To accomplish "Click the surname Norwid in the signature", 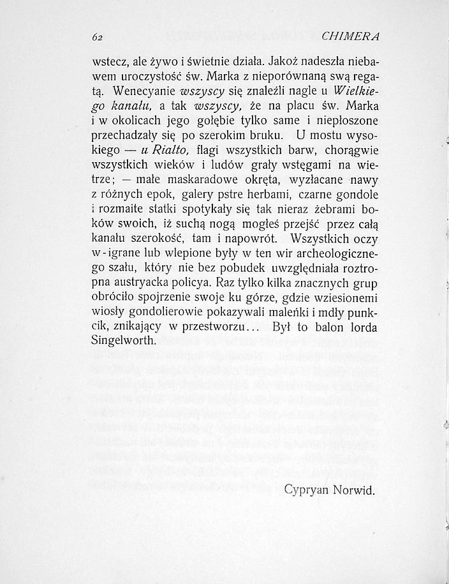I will pyautogui.click(x=355, y=491).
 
